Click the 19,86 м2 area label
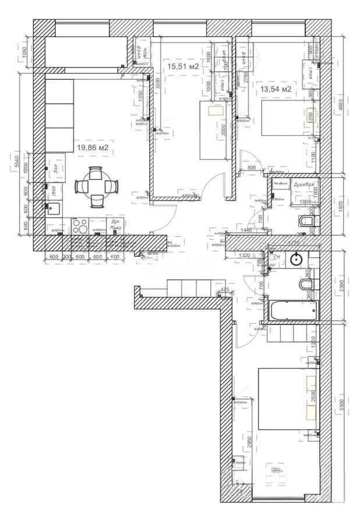93,148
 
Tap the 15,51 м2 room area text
183,66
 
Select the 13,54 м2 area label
276,89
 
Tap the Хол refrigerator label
54,169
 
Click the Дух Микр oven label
115,224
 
